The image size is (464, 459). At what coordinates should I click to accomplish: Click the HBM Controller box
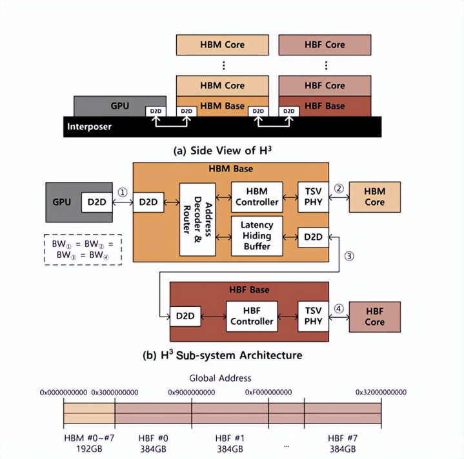click(256, 196)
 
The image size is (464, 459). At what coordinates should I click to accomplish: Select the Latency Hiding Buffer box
click(256, 236)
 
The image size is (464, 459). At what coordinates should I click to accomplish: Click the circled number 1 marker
click(122, 191)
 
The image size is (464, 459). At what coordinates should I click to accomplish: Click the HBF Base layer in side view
click(325, 106)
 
